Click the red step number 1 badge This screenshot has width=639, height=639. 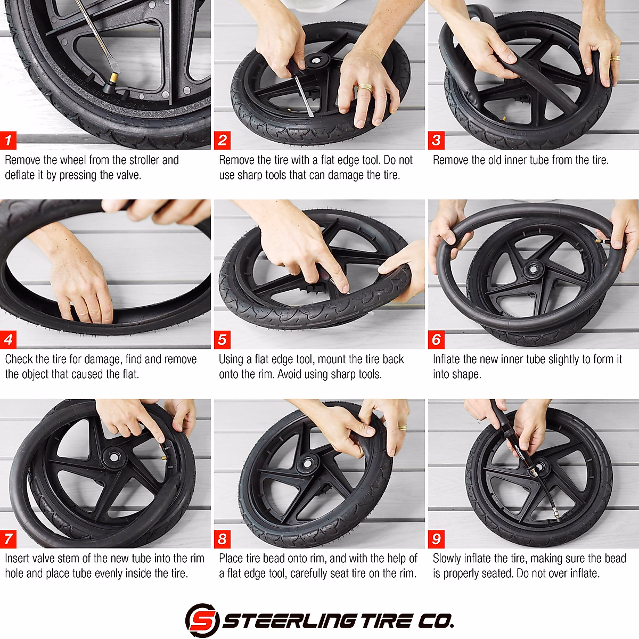pyautogui.click(x=9, y=141)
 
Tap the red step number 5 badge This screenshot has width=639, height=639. pyautogui.click(x=223, y=340)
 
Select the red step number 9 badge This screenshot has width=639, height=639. pyautogui.click(x=437, y=539)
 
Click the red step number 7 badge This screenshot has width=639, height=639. pyautogui.click(x=9, y=539)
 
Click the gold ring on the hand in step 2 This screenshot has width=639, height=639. pyautogui.click(x=365, y=87)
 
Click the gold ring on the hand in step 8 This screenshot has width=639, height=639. pyautogui.click(x=402, y=427)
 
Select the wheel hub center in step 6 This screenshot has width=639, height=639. pyautogui.click(x=531, y=269)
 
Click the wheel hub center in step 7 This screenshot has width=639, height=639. pyautogui.click(x=112, y=456)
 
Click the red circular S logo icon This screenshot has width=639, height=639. pyautogui.click(x=202, y=620)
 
